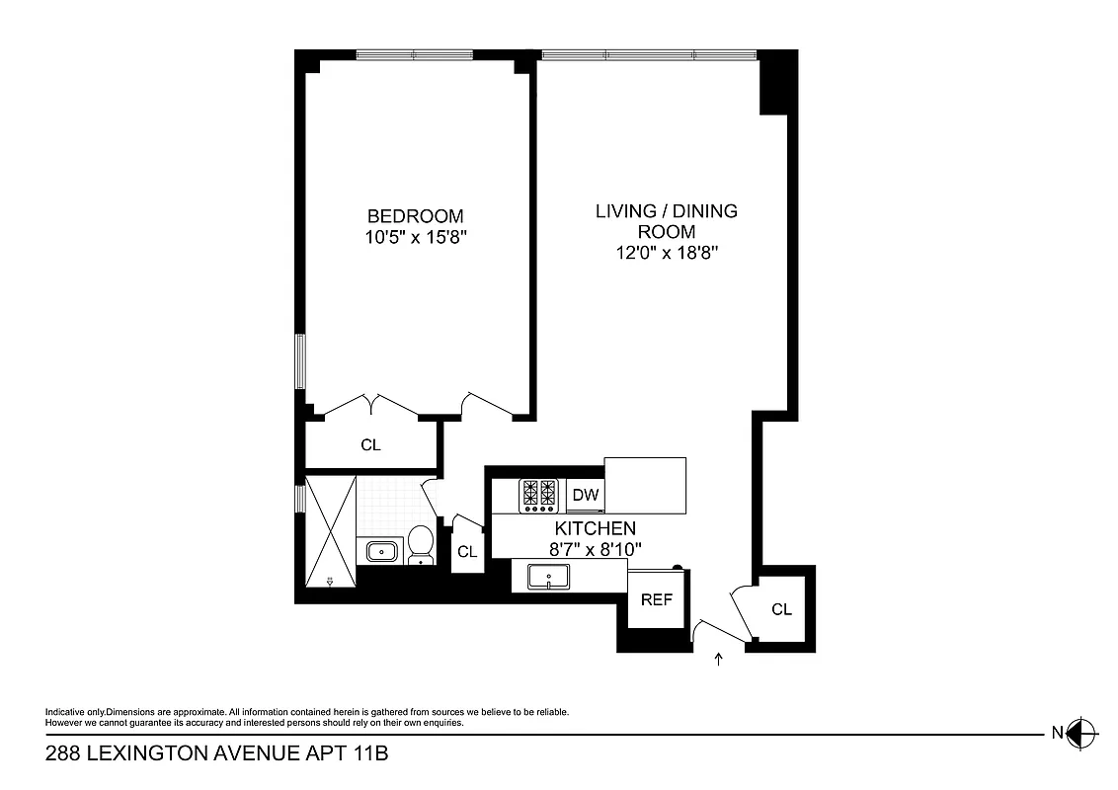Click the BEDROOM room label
click(x=415, y=216)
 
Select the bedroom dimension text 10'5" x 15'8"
click(x=415, y=237)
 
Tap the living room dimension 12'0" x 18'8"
click(x=666, y=253)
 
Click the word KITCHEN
click(x=595, y=528)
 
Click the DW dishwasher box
click(x=586, y=495)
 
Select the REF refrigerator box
click(x=657, y=599)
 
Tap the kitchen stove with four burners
click(x=539, y=495)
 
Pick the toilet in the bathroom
click(x=422, y=544)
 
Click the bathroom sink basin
click(x=381, y=551)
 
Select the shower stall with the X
click(x=329, y=531)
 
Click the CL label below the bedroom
click(x=370, y=445)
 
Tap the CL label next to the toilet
click(x=467, y=552)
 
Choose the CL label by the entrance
click(x=781, y=609)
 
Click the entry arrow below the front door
click(x=718, y=658)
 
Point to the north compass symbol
click(x=1083, y=732)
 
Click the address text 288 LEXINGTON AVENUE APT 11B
click(x=217, y=755)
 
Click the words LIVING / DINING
click(x=666, y=211)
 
